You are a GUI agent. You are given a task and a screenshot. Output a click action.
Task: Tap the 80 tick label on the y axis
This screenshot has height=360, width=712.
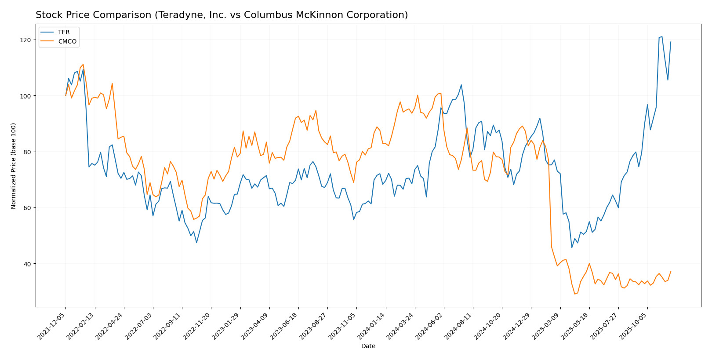tap(28, 152)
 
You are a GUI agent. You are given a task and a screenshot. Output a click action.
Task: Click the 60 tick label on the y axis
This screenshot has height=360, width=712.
tap(28, 208)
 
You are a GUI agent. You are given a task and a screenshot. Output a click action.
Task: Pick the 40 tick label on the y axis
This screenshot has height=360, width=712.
tap(28, 264)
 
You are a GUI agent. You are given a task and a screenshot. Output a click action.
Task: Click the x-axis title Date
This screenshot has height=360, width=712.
tap(368, 346)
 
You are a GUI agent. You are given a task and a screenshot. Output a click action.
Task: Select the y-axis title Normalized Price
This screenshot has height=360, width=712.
tap(14, 166)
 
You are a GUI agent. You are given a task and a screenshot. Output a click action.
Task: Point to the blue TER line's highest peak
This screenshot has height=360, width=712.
tap(662, 36)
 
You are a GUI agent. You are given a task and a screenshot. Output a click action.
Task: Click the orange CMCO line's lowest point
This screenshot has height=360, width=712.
tap(574, 294)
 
